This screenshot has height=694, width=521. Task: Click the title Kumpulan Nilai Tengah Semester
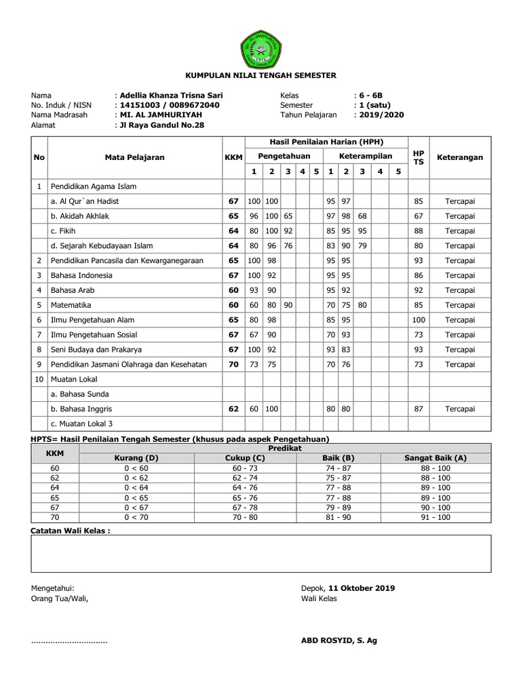260,76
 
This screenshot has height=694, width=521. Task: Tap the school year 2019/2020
381,115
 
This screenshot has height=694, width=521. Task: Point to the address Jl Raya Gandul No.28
161,125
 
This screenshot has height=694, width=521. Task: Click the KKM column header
233,157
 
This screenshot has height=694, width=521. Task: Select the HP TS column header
419,157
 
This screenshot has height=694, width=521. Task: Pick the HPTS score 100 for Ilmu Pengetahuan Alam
419,320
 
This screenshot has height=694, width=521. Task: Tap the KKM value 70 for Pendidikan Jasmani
233,365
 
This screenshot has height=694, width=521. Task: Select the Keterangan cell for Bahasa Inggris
460,409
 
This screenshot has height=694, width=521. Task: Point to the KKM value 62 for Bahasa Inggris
233,409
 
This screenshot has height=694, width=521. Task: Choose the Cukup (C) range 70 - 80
246,517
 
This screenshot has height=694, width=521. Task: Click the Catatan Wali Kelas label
71,531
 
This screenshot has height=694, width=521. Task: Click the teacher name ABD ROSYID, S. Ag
339,640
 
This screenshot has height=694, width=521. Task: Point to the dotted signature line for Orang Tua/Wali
69,641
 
